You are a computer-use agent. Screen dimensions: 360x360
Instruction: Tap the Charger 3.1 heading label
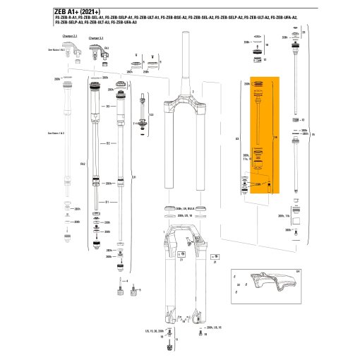(96, 37)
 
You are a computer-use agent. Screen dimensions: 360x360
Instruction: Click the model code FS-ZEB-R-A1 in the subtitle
(66, 19)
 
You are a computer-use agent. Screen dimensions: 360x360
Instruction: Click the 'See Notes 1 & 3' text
(55, 133)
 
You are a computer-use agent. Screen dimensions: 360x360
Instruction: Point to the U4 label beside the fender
(297, 270)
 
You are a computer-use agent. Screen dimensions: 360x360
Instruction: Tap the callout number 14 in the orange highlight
(275, 136)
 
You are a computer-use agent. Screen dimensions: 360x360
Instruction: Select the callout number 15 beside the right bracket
(313, 134)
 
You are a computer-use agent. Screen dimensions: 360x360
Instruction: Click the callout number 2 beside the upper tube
(191, 92)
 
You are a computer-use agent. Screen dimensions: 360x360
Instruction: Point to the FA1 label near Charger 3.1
(83, 164)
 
